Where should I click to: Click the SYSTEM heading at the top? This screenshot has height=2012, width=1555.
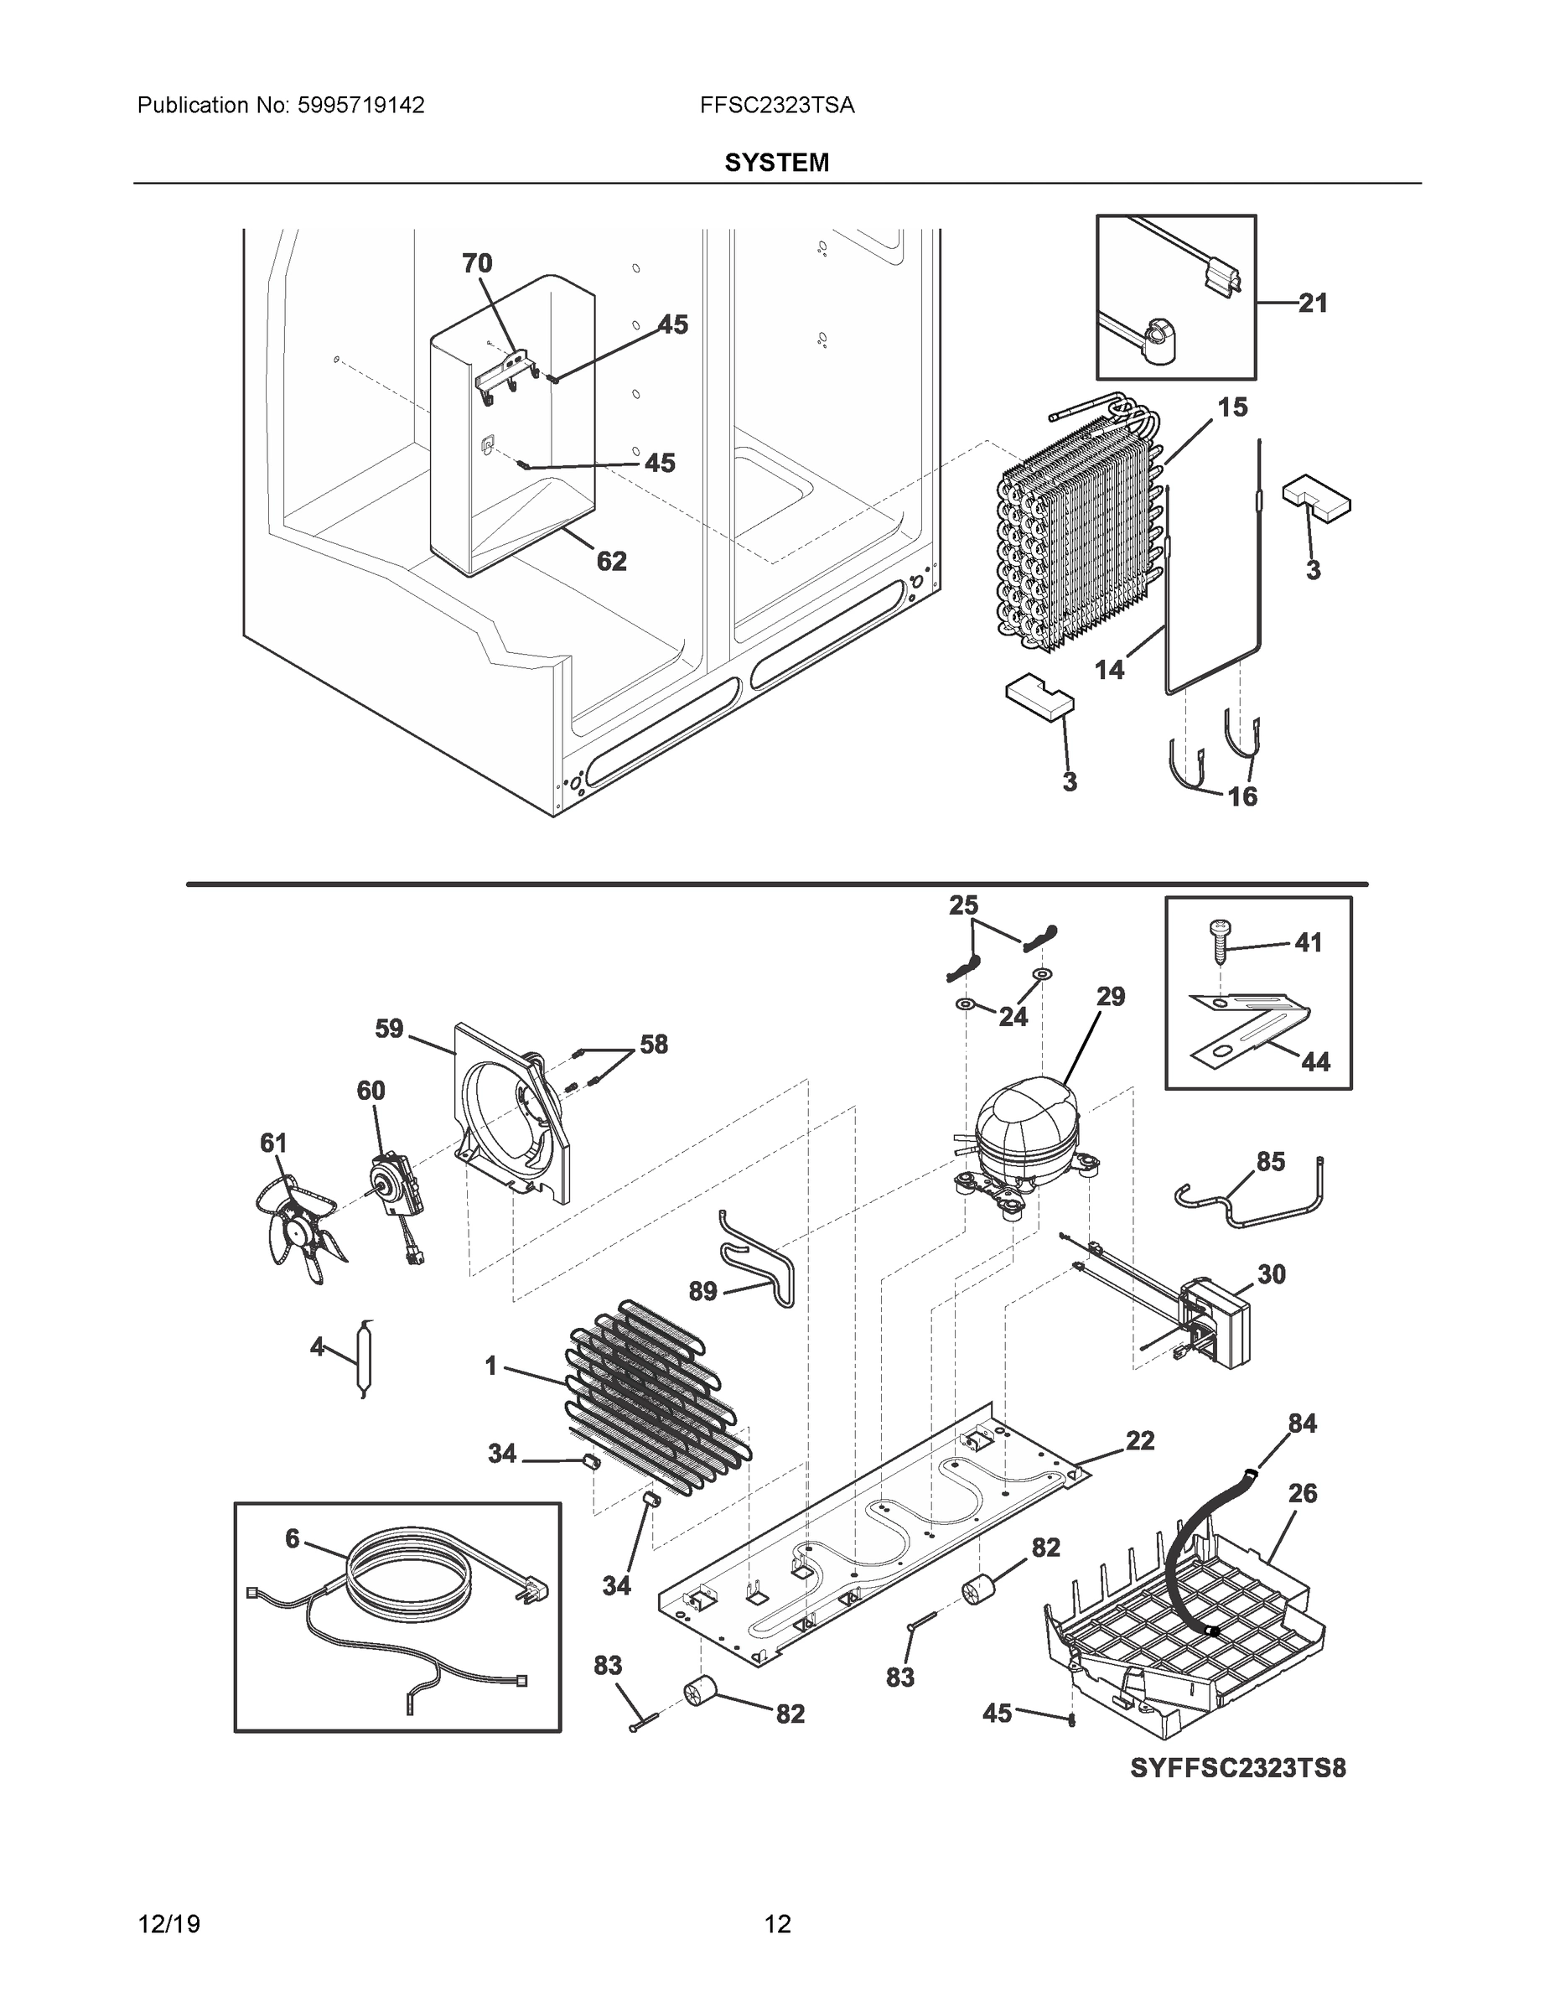click(x=776, y=163)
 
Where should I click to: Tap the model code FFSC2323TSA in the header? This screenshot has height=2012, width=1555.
click(x=776, y=106)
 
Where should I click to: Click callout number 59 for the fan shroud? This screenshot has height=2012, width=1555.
click(x=389, y=1028)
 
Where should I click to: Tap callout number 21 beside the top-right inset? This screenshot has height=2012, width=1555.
click(x=1313, y=303)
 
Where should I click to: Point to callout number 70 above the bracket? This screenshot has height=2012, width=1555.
click(x=476, y=264)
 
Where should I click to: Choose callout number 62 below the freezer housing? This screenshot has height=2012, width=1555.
click(x=612, y=561)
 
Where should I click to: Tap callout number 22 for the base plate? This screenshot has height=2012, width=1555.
click(x=1139, y=1442)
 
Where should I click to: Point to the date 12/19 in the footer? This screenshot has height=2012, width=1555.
click(x=168, y=1925)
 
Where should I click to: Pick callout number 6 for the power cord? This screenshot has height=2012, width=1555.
click(x=292, y=1539)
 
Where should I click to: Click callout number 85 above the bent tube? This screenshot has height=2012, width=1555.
click(x=1270, y=1163)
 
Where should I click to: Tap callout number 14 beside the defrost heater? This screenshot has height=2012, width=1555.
click(x=1109, y=671)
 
